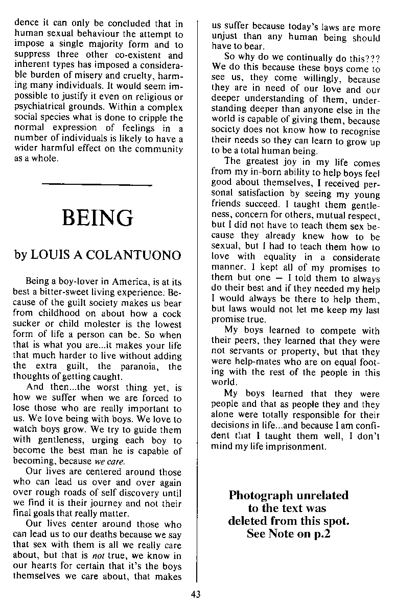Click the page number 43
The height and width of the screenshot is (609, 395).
196,594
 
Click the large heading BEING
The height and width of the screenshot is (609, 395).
97,217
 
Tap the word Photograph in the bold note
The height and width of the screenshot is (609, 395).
261,495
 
